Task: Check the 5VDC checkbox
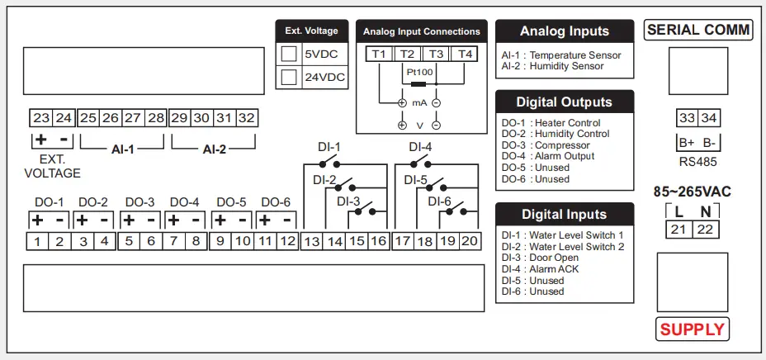(x=289, y=54)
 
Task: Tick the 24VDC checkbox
(x=289, y=78)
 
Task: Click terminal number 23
(x=41, y=118)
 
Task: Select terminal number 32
(x=246, y=118)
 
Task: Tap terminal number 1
(x=37, y=242)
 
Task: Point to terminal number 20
(x=469, y=242)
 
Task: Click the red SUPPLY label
(x=692, y=329)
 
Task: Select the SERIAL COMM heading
(x=698, y=31)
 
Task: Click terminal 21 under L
(x=679, y=230)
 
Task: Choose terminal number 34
(x=708, y=118)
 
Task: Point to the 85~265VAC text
(x=692, y=192)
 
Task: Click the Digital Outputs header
(x=565, y=102)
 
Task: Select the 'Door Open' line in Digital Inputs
(x=545, y=258)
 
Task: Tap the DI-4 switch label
(x=421, y=147)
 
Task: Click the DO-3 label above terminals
(x=139, y=202)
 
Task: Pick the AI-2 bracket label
(x=215, y=149)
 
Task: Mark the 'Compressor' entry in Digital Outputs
(x=544, y=145)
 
